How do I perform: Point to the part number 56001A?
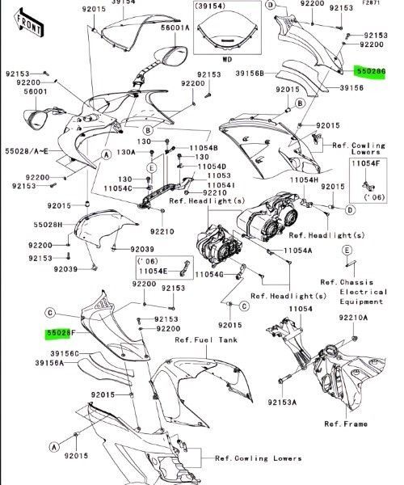pos(175,27)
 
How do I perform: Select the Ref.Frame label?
pos(346,424)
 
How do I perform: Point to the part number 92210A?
pos(353,318)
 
